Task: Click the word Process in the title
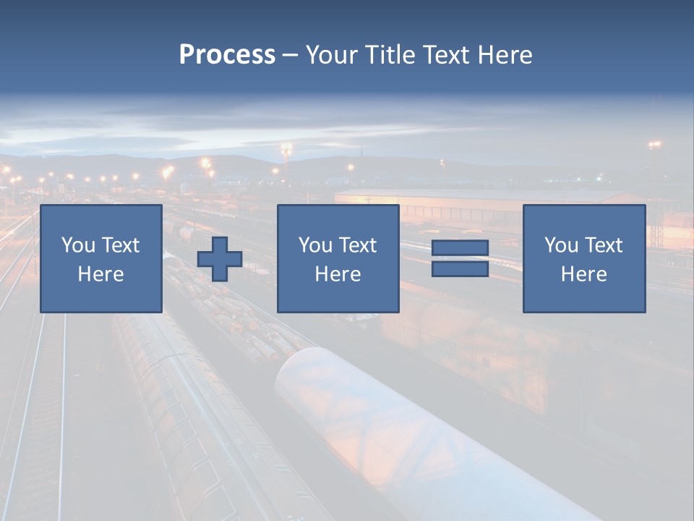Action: (227, 55)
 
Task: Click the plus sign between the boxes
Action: (220, 259)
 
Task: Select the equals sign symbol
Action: (460, 259)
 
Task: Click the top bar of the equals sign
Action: (460, 249)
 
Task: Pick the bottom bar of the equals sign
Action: (460, 268)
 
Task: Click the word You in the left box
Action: (78, 245)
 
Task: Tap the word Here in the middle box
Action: (338, 274)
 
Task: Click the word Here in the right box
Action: (583, 274)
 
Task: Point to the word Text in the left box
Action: (120, 245)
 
